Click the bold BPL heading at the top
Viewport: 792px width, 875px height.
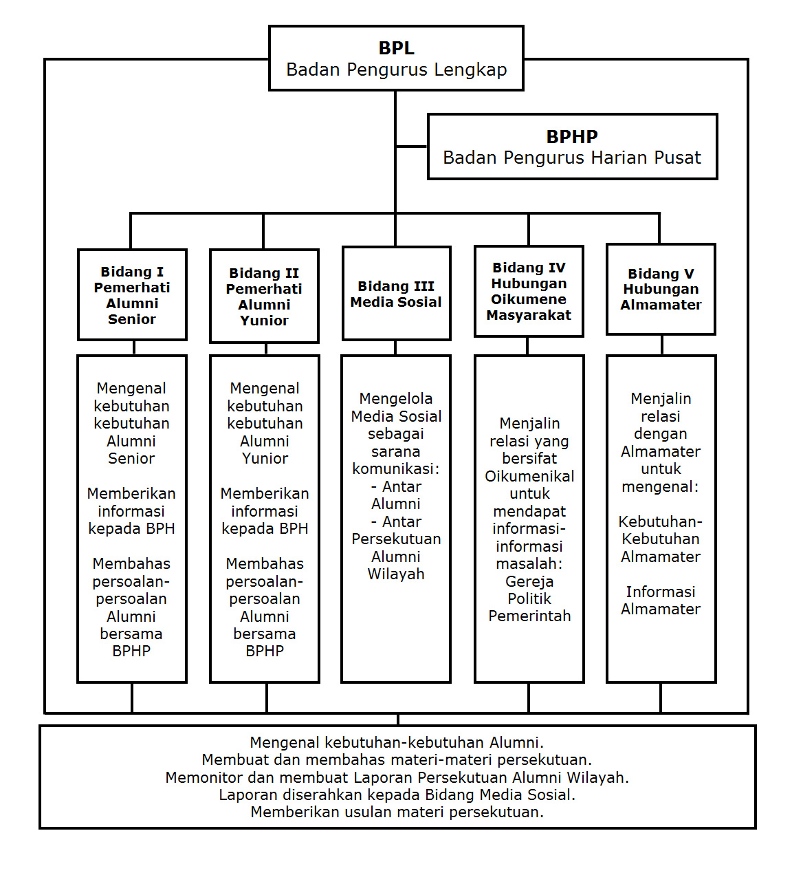click(x=396, y=48)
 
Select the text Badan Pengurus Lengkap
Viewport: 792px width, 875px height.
click(x=396, y=69)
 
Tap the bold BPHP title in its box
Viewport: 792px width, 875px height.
click(x=572, y=136)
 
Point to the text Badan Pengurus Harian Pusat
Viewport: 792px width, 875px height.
click(x=572, y=158)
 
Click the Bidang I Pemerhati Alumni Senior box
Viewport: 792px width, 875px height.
click(x=132, y=295)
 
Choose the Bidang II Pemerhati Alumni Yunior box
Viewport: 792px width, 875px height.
click(x=264, y=296)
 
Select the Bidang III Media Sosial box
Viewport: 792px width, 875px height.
click(x=396, y=294)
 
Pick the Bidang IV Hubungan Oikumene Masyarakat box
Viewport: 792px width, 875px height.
click(x=529, y=292)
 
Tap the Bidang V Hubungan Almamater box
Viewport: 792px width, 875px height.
click(x=661, y=290)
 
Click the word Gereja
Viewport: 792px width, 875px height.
click(x=529, y=581)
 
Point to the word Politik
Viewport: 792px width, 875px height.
click(x=529, y=598)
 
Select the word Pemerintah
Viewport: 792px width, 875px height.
click(x=529, y=616)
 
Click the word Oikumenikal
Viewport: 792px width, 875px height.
click(x=529, y=476)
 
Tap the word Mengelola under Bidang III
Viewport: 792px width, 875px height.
click(x=396, y=398)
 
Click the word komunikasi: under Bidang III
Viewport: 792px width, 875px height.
click(x=396, y=468)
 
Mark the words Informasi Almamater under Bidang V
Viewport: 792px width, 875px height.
click(x=661, y=600)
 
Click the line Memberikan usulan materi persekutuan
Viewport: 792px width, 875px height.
click(x=397, y=812)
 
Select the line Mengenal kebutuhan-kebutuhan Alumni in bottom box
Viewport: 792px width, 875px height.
click(x=397, y=742)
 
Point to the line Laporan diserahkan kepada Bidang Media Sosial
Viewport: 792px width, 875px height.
click(x=397, y=795)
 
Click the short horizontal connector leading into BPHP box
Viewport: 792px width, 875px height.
click(x=412, y=147)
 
